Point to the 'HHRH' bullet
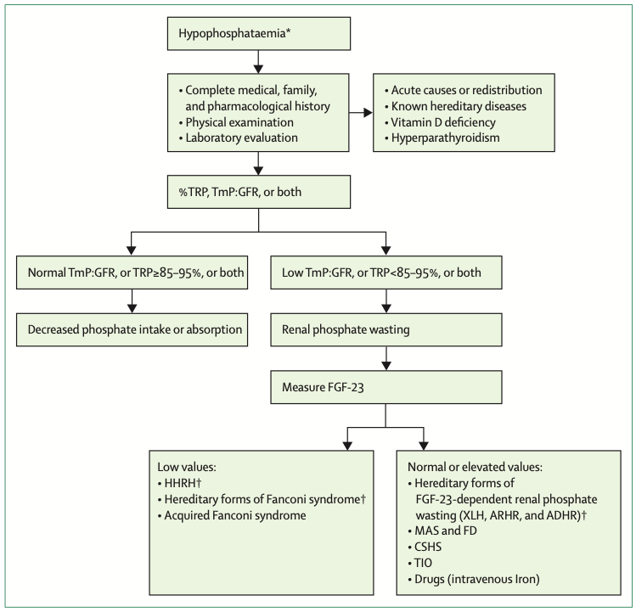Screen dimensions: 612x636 point(178,482)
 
